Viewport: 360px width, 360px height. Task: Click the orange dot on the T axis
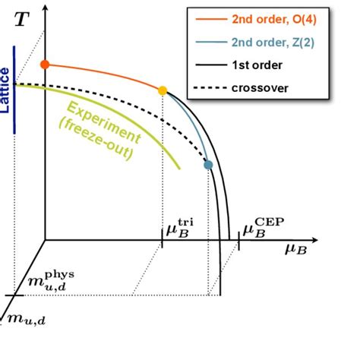point(45,64)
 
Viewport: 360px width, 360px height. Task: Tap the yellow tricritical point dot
point(163,90)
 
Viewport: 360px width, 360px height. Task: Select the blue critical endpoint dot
point(208,164)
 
